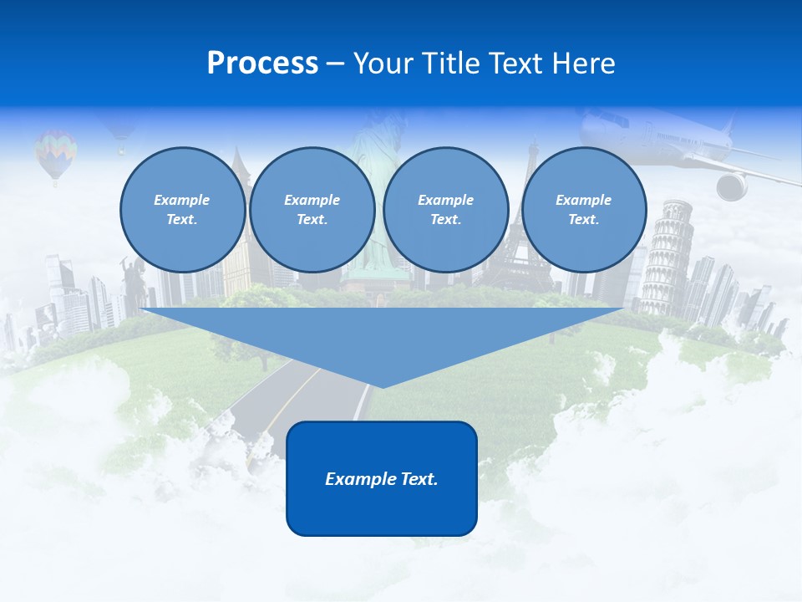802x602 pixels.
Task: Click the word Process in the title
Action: [262, 64]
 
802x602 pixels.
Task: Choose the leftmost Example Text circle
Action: [182, 210]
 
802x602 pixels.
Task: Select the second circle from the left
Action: [312, 210]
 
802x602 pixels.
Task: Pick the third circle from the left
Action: [445, 210]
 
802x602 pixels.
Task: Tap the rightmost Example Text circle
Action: [583, 210]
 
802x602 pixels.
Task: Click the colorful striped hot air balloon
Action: [55, 151]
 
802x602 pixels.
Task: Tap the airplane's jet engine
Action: [732, 186]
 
